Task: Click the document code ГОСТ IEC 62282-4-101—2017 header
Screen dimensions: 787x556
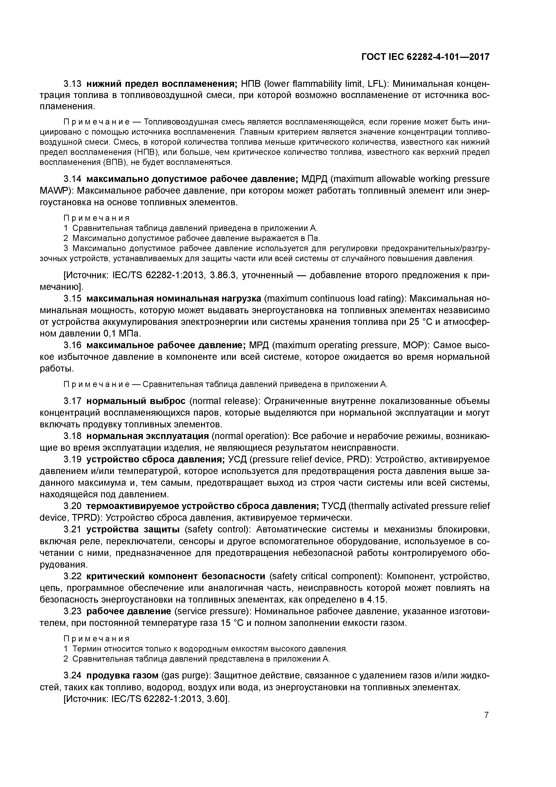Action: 425,57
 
